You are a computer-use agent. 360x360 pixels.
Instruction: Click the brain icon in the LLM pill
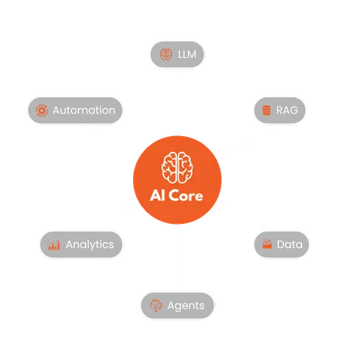(166, 54)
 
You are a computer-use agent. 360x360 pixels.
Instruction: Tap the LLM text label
(187, 55)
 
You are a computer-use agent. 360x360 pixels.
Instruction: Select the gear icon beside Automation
(41, 110)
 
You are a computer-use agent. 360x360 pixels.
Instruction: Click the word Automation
(84, 110)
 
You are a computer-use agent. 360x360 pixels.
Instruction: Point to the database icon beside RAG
(266, 110)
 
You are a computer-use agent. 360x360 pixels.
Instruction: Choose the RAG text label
(287, 110)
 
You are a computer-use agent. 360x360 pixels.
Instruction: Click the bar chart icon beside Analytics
(54, 245)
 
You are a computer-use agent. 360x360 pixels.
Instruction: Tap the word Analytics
(90, 245)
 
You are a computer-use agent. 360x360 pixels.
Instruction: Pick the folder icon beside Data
(267, 244)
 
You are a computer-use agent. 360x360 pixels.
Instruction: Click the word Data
(290, 245)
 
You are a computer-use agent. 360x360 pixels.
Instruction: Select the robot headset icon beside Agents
(156, 305)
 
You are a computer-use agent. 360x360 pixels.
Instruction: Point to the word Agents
(186, 306)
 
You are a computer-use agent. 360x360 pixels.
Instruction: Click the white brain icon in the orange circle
(178, 167)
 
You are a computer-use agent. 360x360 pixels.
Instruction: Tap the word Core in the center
(187, 196)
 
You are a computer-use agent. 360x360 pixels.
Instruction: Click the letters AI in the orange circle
(158, 196)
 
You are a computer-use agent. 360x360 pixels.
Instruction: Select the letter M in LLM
(192, 55)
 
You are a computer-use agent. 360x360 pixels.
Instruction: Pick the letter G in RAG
(293, 110)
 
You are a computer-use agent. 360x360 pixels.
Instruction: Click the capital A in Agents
(171, 305)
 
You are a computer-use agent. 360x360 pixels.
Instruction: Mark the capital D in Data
(281, 245)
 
